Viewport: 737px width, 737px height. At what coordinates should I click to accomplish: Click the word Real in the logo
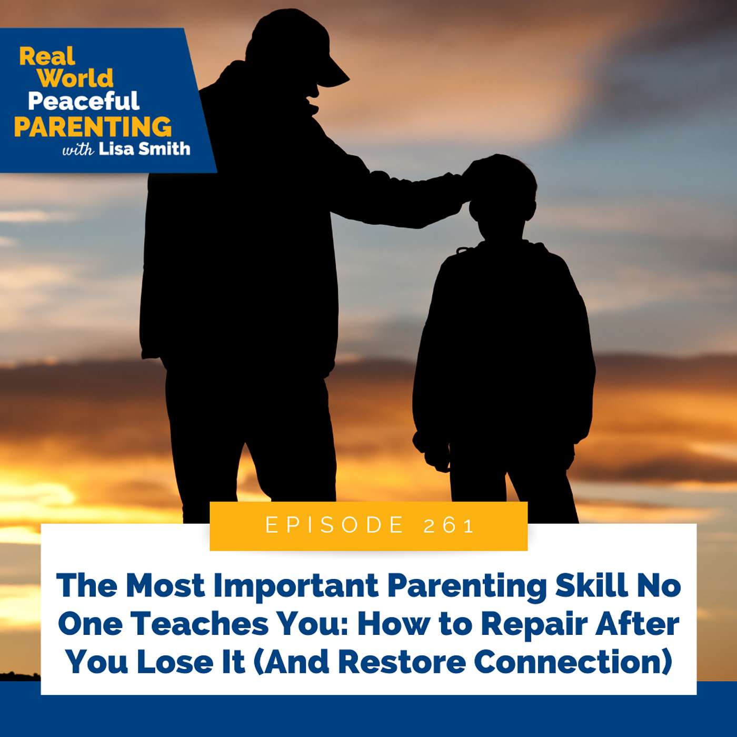point(47,56)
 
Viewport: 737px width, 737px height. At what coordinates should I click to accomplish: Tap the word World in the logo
point(75,78)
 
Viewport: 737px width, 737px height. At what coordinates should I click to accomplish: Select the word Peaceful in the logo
point(84,101)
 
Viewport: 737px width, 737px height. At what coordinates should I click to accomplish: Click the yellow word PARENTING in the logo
point(93,127)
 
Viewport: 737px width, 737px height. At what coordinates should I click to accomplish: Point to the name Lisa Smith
point(144,149)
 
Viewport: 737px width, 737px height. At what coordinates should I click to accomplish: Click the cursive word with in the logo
point(78,150)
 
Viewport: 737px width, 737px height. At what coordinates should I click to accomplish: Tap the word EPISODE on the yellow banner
point(335,525)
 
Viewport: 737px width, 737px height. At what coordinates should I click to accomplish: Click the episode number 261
point(449,525)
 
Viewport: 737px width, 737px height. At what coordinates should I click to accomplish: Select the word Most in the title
point(165,585)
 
